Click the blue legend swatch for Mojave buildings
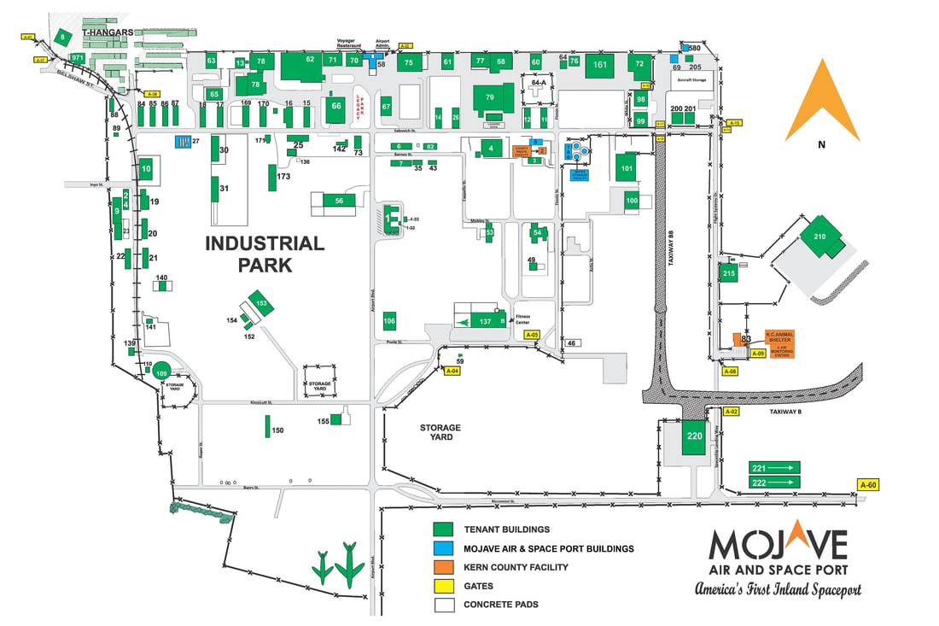(443, 548)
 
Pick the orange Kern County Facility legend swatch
(443, 567)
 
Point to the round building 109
(161, 372)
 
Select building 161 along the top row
(600, 66)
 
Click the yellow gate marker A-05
(532, 336)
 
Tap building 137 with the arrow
(481, 321)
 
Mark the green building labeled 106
(389, 321)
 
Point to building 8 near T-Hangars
(61, 37)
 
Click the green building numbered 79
(489, 98)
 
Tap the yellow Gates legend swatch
(443, 586)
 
